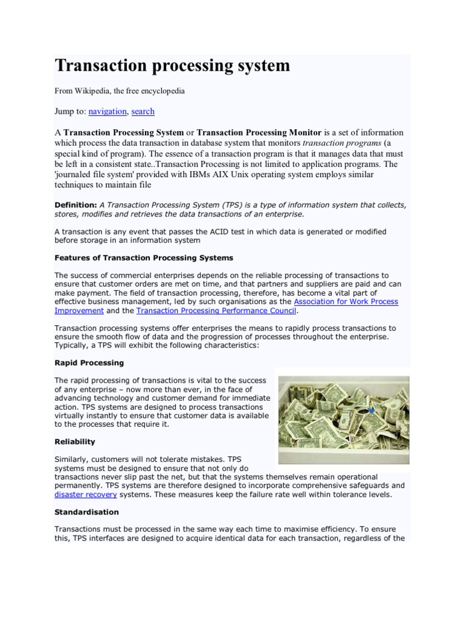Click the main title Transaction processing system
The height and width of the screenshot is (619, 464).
coord(172,65)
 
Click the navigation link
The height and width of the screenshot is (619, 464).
coord(108,111)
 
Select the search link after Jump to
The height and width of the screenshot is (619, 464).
coord(143,111)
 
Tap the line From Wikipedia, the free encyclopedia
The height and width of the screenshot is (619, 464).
coord(120,91)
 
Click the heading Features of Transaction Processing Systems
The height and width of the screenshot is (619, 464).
coord(144,258)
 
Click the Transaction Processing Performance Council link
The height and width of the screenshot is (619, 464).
coord(216,311)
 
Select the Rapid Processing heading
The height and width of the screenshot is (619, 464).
coord(89,363)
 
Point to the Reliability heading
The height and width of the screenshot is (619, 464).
coord(76,442)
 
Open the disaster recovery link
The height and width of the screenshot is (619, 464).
coord(85,494)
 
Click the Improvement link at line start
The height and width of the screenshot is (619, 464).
coord(79,311)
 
